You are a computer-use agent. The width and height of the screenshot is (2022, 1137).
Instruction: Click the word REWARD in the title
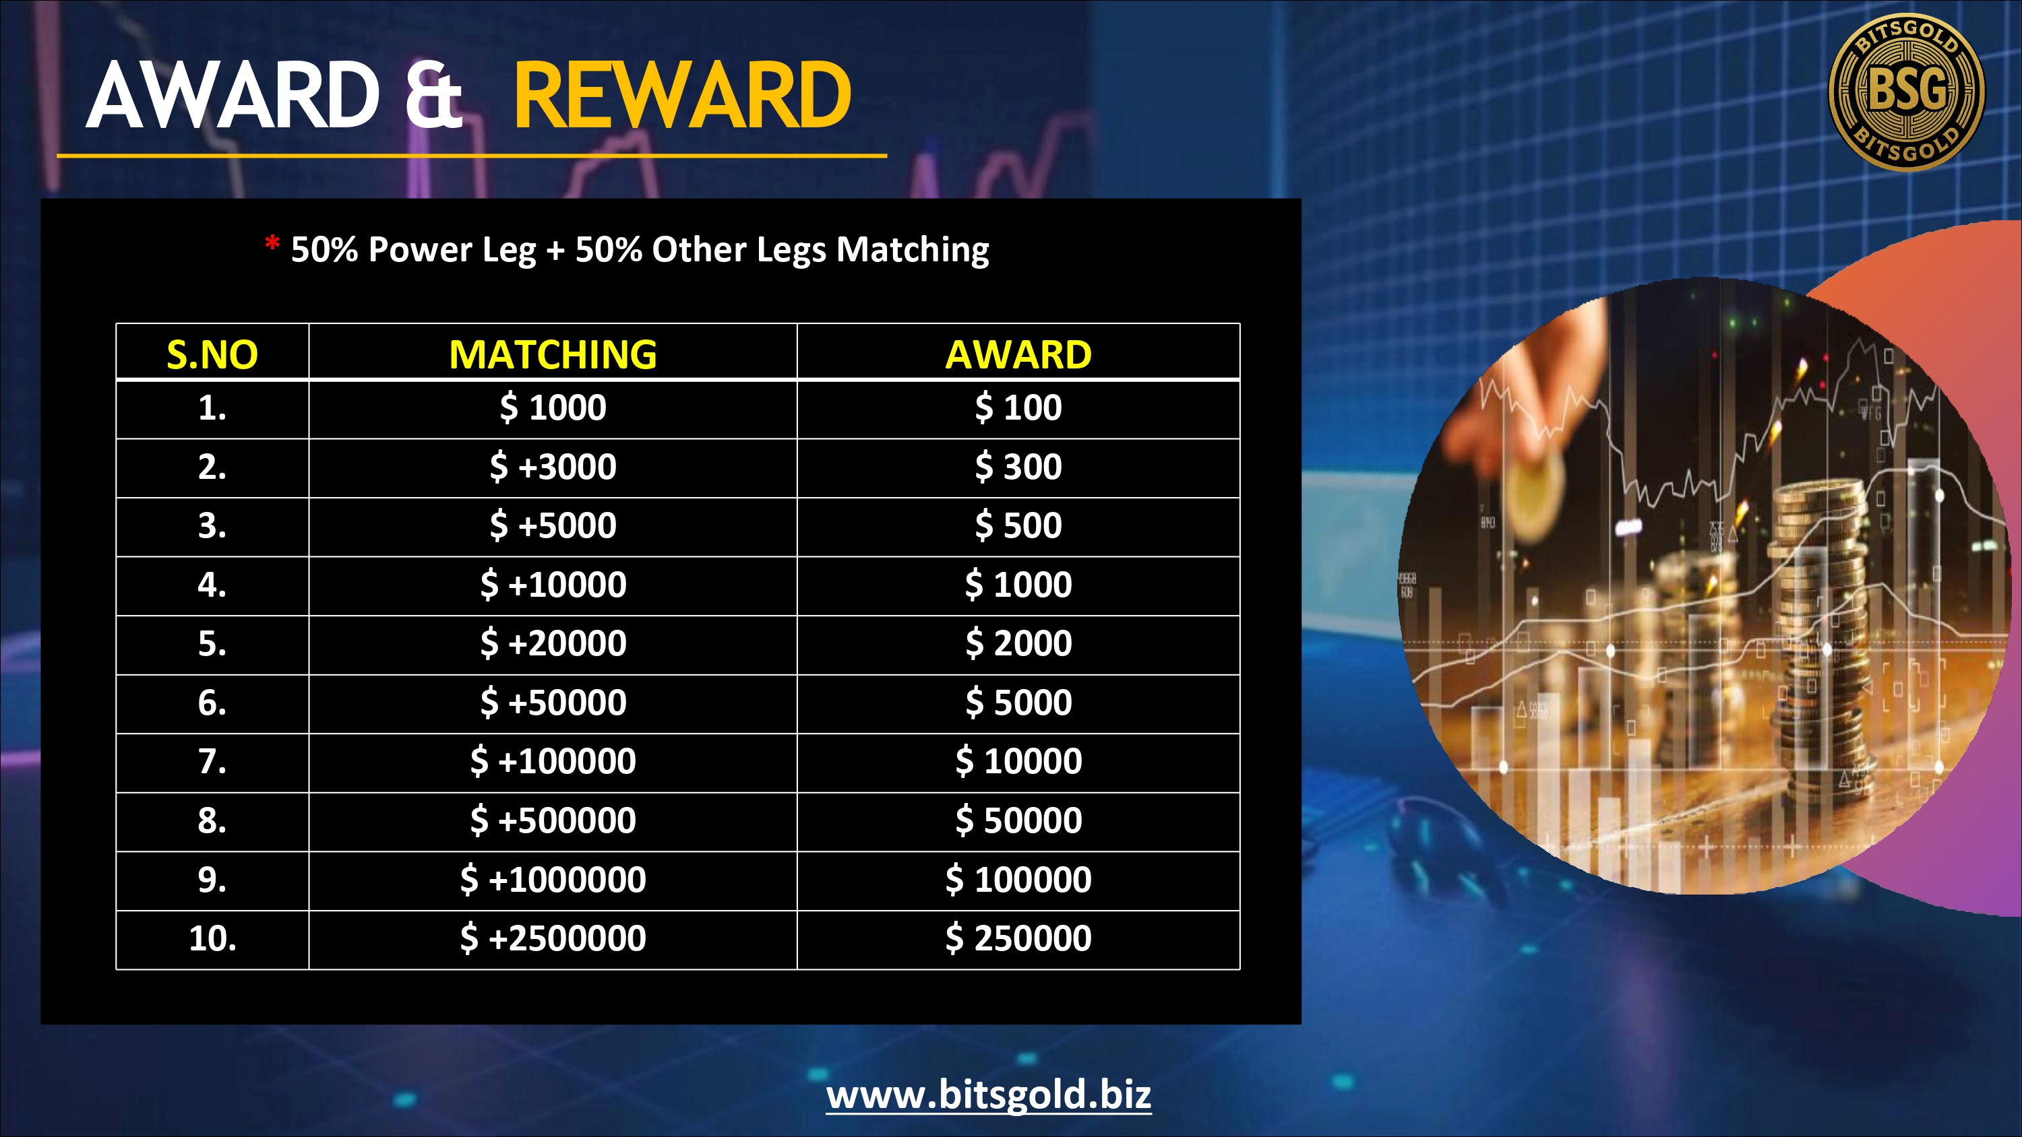pyautogui.click(x=682, y=96)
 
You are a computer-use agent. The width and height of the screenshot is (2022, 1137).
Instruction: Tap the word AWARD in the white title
pyautogui.click(x=233, y=96)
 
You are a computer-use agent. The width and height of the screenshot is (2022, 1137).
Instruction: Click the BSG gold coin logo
pyautogui.click(x=1907, y=91)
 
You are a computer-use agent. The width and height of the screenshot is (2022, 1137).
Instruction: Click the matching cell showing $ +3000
pyautogui.click(x=553, y=467)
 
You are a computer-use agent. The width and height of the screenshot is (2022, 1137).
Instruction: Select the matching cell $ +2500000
pyautogui.click(x=553, y=938)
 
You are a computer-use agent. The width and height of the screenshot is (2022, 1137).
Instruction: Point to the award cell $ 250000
pyautogui.click(x=1018, y=938)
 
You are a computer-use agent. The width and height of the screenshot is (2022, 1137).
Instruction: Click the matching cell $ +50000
pyautogui.click(x=553, y=703)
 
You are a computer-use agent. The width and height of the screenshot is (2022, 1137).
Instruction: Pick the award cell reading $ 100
pyautogui.click(x=1018, y=408)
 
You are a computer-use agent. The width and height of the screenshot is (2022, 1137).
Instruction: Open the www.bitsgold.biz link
pyautogui.click(x=988, y=1095)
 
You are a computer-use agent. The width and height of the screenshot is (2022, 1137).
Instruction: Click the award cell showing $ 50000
pyautogui.click(x=1018, y=821)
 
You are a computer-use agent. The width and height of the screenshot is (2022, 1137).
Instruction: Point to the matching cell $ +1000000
pyautogui.click(x=553, y=880)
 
